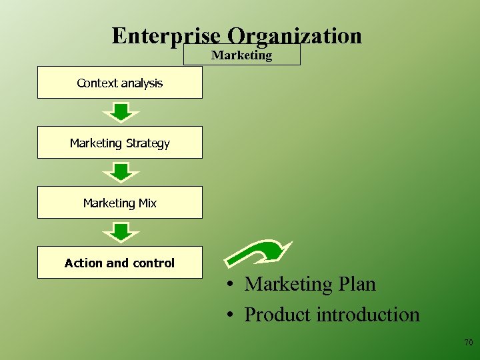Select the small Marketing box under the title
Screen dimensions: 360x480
pos(242,55)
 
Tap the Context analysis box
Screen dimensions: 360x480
pos(120,83)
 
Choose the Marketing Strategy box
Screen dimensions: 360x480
pos(120,143)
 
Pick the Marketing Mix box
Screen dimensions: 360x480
pos(120,203)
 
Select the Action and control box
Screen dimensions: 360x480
pos(120,263)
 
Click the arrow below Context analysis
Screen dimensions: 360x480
pos(121,112)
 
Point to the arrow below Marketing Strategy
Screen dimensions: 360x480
pos(121,172)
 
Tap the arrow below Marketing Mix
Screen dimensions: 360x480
pos(121,232)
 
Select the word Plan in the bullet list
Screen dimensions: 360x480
pos(356,284)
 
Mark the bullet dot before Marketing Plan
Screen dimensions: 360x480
pos(228,285)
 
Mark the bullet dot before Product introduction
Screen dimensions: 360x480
pos(228,315)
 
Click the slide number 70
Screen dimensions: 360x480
pos(468,343)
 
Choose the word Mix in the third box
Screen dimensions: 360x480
pos(147,203)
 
